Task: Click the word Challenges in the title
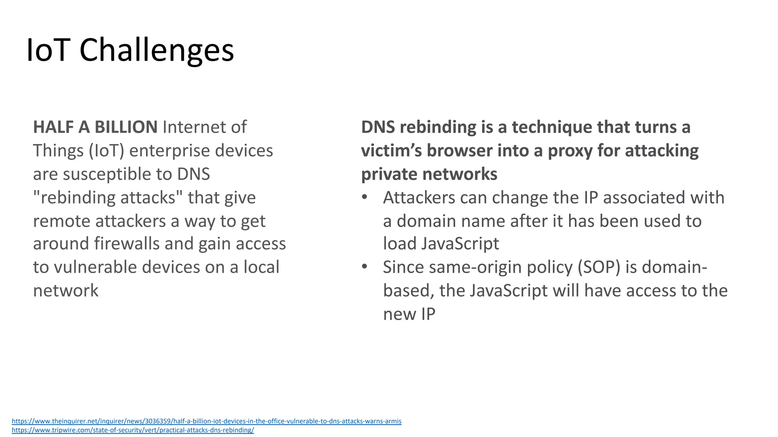157,50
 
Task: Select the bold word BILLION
126,127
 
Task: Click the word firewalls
127,244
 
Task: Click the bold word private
389,174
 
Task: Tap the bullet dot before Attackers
365,197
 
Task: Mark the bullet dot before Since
365,267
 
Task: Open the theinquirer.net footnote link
206,421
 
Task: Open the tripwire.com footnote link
133,430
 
